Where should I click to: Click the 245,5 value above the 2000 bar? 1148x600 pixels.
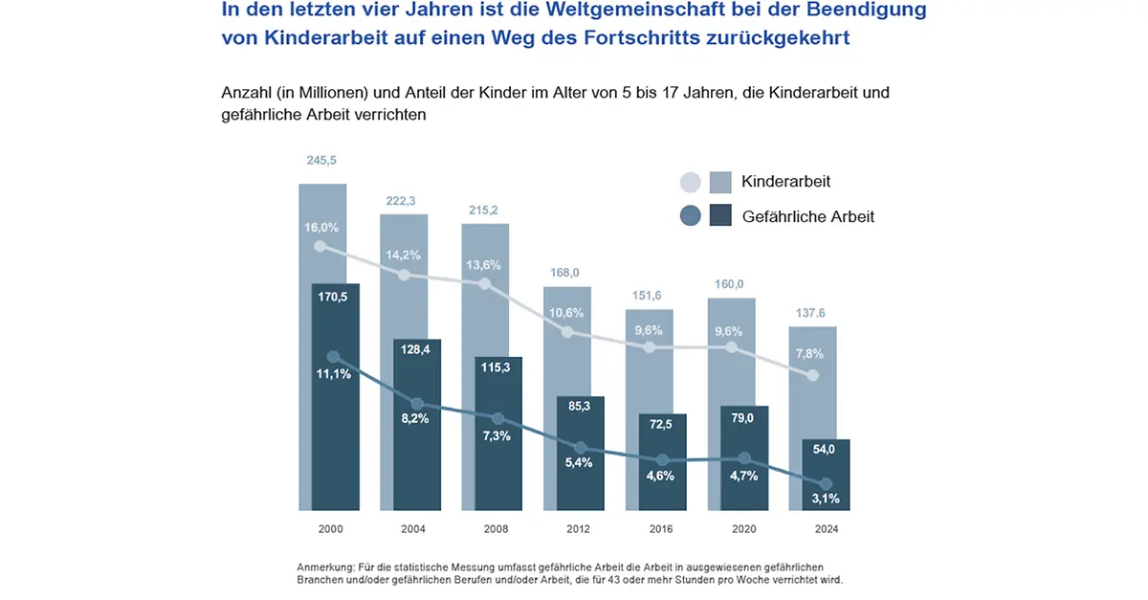pos(322,161)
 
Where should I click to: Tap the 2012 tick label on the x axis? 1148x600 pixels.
pos(577,529)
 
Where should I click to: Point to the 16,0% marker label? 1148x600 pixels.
pos(322,228)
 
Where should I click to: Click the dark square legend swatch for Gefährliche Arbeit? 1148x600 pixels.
pos(720,216)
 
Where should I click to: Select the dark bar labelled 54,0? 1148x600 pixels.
pos(826,478)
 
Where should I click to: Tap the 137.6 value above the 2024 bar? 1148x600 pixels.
pos(812,312)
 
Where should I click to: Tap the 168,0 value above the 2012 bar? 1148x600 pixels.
pos(565,273)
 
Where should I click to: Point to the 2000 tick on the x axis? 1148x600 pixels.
pos(331,529)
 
